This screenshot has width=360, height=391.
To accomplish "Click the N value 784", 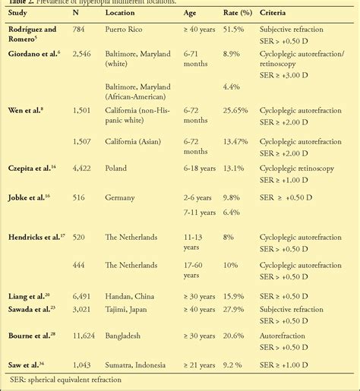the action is pos(79,30).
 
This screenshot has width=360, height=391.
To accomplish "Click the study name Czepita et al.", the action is pos(30,168).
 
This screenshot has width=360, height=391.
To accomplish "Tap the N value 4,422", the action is pos(81,169).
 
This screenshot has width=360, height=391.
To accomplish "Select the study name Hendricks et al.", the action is pos(35,237).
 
